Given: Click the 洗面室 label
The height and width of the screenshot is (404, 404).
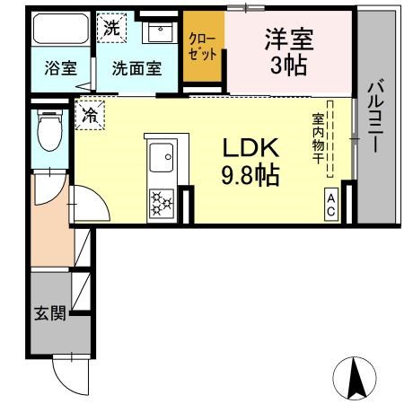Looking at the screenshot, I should [136, 68].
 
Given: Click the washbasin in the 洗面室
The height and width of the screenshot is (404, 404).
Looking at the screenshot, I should [161, 35].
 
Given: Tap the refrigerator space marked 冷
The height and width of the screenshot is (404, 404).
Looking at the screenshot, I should [90, 114].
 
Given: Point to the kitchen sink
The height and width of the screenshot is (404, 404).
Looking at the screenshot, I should [162, 161].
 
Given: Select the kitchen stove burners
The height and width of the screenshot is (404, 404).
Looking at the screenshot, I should [162, 201].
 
